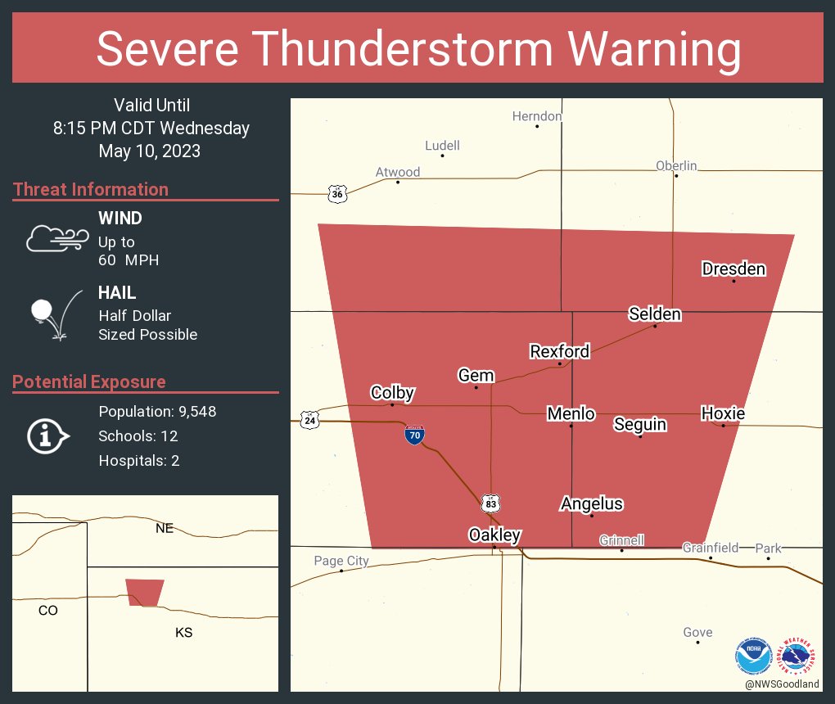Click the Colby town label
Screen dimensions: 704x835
pos(392,392)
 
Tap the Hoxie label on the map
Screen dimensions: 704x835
pos(723,413)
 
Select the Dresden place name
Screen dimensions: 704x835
pos(733,269)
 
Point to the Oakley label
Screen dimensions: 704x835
pos(494,535)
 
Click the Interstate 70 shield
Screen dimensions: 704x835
pos(414,435)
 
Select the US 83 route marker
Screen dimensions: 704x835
pos(490,503)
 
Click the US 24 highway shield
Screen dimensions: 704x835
pos(309,420)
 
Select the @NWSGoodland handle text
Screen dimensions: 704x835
pos(782,684)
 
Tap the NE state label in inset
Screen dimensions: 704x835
pos(165,528)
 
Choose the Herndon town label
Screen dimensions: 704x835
pos(537,116)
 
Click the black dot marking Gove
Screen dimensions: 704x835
pos(697,643)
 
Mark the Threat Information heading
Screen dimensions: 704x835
pos(91,189)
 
